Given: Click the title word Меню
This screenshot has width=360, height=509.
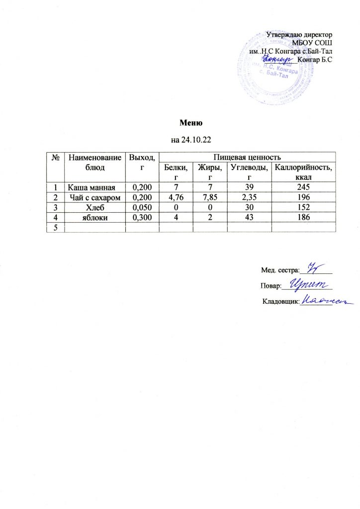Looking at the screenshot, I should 189,123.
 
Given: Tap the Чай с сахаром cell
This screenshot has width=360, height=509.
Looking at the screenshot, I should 94,198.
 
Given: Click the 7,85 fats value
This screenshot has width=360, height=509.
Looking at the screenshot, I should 209,198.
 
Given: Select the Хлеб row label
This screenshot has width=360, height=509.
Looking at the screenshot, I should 94,208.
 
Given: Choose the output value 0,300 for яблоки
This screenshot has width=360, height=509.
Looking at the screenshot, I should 141,218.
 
